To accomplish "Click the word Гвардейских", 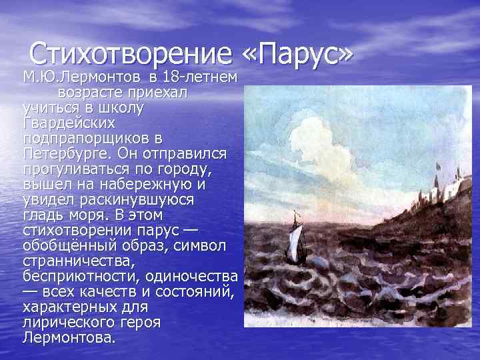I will (x=69, y=123).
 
